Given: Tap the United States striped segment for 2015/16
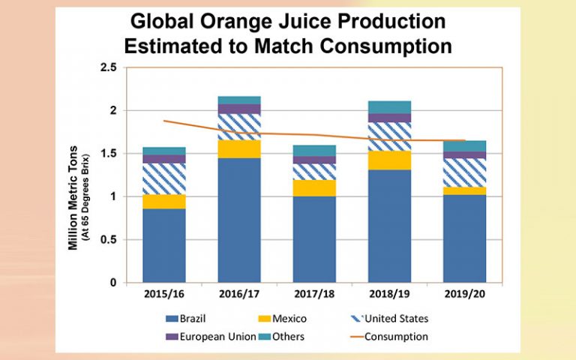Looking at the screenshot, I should point(164,178).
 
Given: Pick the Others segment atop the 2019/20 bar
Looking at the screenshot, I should point(464,145).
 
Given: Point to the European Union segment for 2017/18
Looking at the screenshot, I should point(314,160).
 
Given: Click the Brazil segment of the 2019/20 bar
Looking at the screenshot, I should point(464,238).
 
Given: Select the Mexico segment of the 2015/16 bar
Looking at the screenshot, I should point(164,201).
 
